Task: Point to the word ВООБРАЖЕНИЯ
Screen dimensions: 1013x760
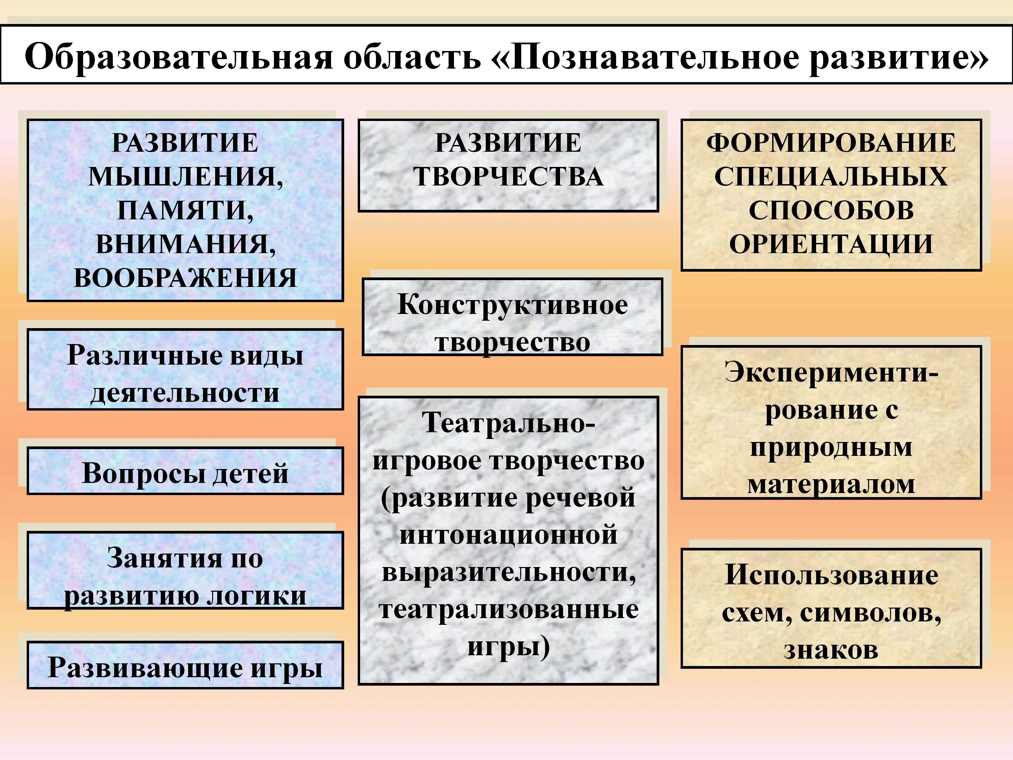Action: (185, 278)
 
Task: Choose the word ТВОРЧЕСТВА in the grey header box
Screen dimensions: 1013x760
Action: (508, 176)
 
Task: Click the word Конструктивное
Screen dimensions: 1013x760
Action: (512, 304)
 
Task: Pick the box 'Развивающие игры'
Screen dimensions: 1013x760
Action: (185, 666)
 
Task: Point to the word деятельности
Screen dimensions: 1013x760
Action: (185, 393)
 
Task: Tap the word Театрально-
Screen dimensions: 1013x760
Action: (508, 422)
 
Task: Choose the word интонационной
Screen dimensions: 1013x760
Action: (508, 535)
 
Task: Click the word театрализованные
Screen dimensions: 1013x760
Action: (508, 609)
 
